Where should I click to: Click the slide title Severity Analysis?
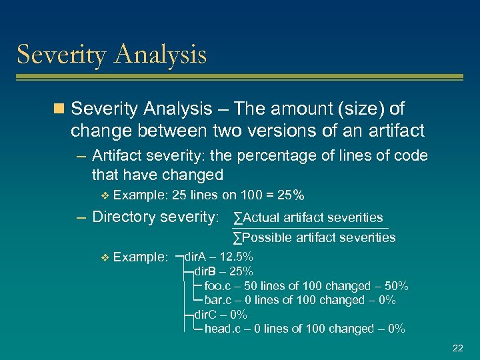(111, 55)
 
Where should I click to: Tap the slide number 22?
(457, 348)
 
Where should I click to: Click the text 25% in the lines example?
(291, 195)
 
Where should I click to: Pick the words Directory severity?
(155, 217)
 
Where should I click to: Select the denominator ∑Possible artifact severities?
(314, 237)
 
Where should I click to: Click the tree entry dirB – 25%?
(223, 271)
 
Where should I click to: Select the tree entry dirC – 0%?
(220, 315)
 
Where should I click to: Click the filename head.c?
(222, 329)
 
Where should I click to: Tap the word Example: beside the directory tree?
(141, 257)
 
